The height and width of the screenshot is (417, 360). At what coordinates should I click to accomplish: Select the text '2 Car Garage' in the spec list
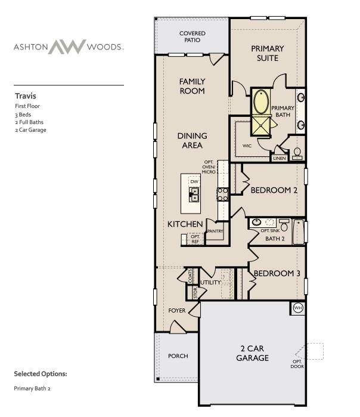[x=30, y=129]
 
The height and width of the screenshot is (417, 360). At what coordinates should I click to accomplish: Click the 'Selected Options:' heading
[x=41, y=374]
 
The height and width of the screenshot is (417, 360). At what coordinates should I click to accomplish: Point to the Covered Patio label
[x=193, y=38]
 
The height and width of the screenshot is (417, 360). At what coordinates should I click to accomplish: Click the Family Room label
[x=192, y=86]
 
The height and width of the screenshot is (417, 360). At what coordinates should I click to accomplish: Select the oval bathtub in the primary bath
[x=261, y=102]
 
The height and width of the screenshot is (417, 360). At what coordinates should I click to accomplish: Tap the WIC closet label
[x=247, y=145]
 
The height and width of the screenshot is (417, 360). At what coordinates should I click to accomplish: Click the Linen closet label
[x=279, y=159]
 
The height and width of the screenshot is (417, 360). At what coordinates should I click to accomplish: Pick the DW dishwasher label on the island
[x=194, y=180]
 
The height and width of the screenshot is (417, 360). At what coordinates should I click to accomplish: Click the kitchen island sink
[x=194, y=193]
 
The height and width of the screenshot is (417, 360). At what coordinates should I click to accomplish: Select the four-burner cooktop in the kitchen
[x=222, y=194]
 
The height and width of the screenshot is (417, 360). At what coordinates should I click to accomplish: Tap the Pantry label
[x=215, y=230]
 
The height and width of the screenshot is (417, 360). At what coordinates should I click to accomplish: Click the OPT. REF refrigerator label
[x=194, y=238]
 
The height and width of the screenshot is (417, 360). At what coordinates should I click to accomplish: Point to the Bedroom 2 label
[x=274, y=190]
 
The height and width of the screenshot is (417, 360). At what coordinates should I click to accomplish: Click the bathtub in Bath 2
[x=299, y=231]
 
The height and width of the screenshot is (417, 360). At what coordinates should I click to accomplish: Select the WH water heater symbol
[x=297, y=308]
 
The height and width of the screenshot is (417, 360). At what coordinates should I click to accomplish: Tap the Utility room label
[x=210, y=282]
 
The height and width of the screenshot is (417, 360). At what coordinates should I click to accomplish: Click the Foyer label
[x=177, y=311]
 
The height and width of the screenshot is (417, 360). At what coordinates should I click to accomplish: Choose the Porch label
[x=178, y=356]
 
